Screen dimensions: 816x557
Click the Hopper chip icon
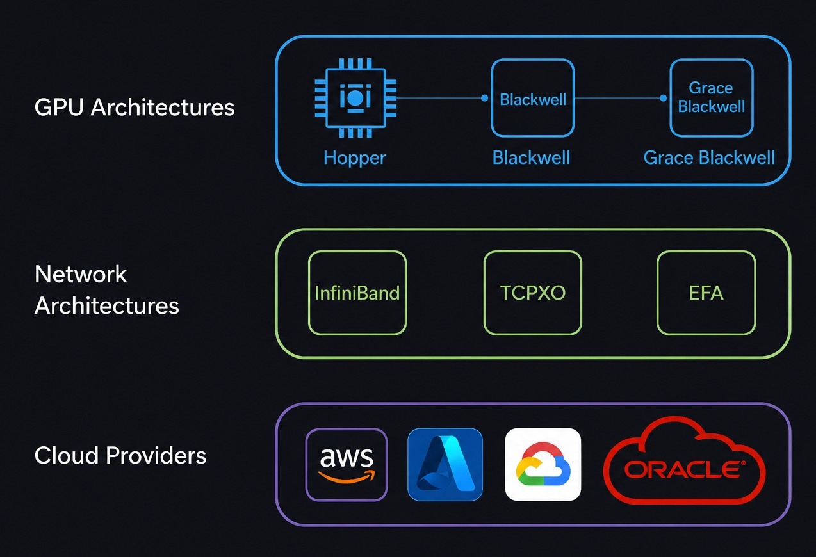355,97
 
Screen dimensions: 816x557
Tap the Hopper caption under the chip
354,158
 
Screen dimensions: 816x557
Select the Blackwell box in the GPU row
533,98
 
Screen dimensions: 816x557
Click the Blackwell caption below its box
531,157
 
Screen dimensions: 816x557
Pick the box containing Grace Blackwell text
712,98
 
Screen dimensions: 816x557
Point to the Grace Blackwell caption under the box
709,157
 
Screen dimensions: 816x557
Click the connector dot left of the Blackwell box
484,98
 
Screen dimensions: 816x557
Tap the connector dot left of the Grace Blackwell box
664,98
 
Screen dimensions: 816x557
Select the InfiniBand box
357,293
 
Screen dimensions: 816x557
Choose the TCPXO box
533,293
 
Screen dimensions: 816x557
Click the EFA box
706,293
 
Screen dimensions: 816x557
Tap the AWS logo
346,465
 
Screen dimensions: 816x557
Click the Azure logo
445,465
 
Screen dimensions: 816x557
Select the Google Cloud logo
543,465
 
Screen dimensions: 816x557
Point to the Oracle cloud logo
685,460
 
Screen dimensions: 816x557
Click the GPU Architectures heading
135,108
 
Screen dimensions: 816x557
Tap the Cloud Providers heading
120,455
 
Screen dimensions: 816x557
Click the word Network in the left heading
81,274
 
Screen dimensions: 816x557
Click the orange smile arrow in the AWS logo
346,476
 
